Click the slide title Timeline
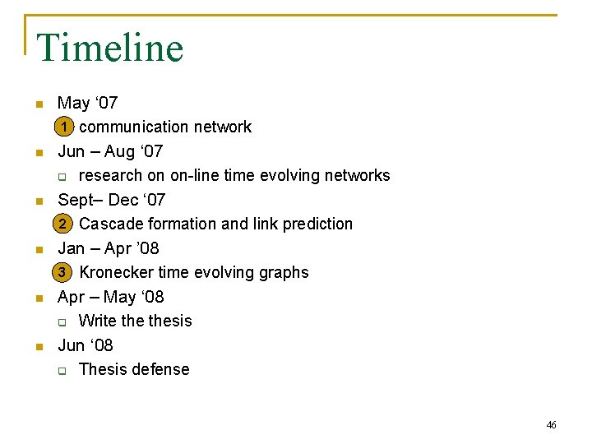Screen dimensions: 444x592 click(x=109, y=48)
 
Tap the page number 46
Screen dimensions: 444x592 click(x=551, y=425)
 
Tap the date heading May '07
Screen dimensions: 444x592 click(x=87, y=103)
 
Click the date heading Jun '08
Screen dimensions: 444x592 click(x=85, y=345)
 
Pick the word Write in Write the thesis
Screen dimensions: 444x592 click(x=98, y=321)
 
